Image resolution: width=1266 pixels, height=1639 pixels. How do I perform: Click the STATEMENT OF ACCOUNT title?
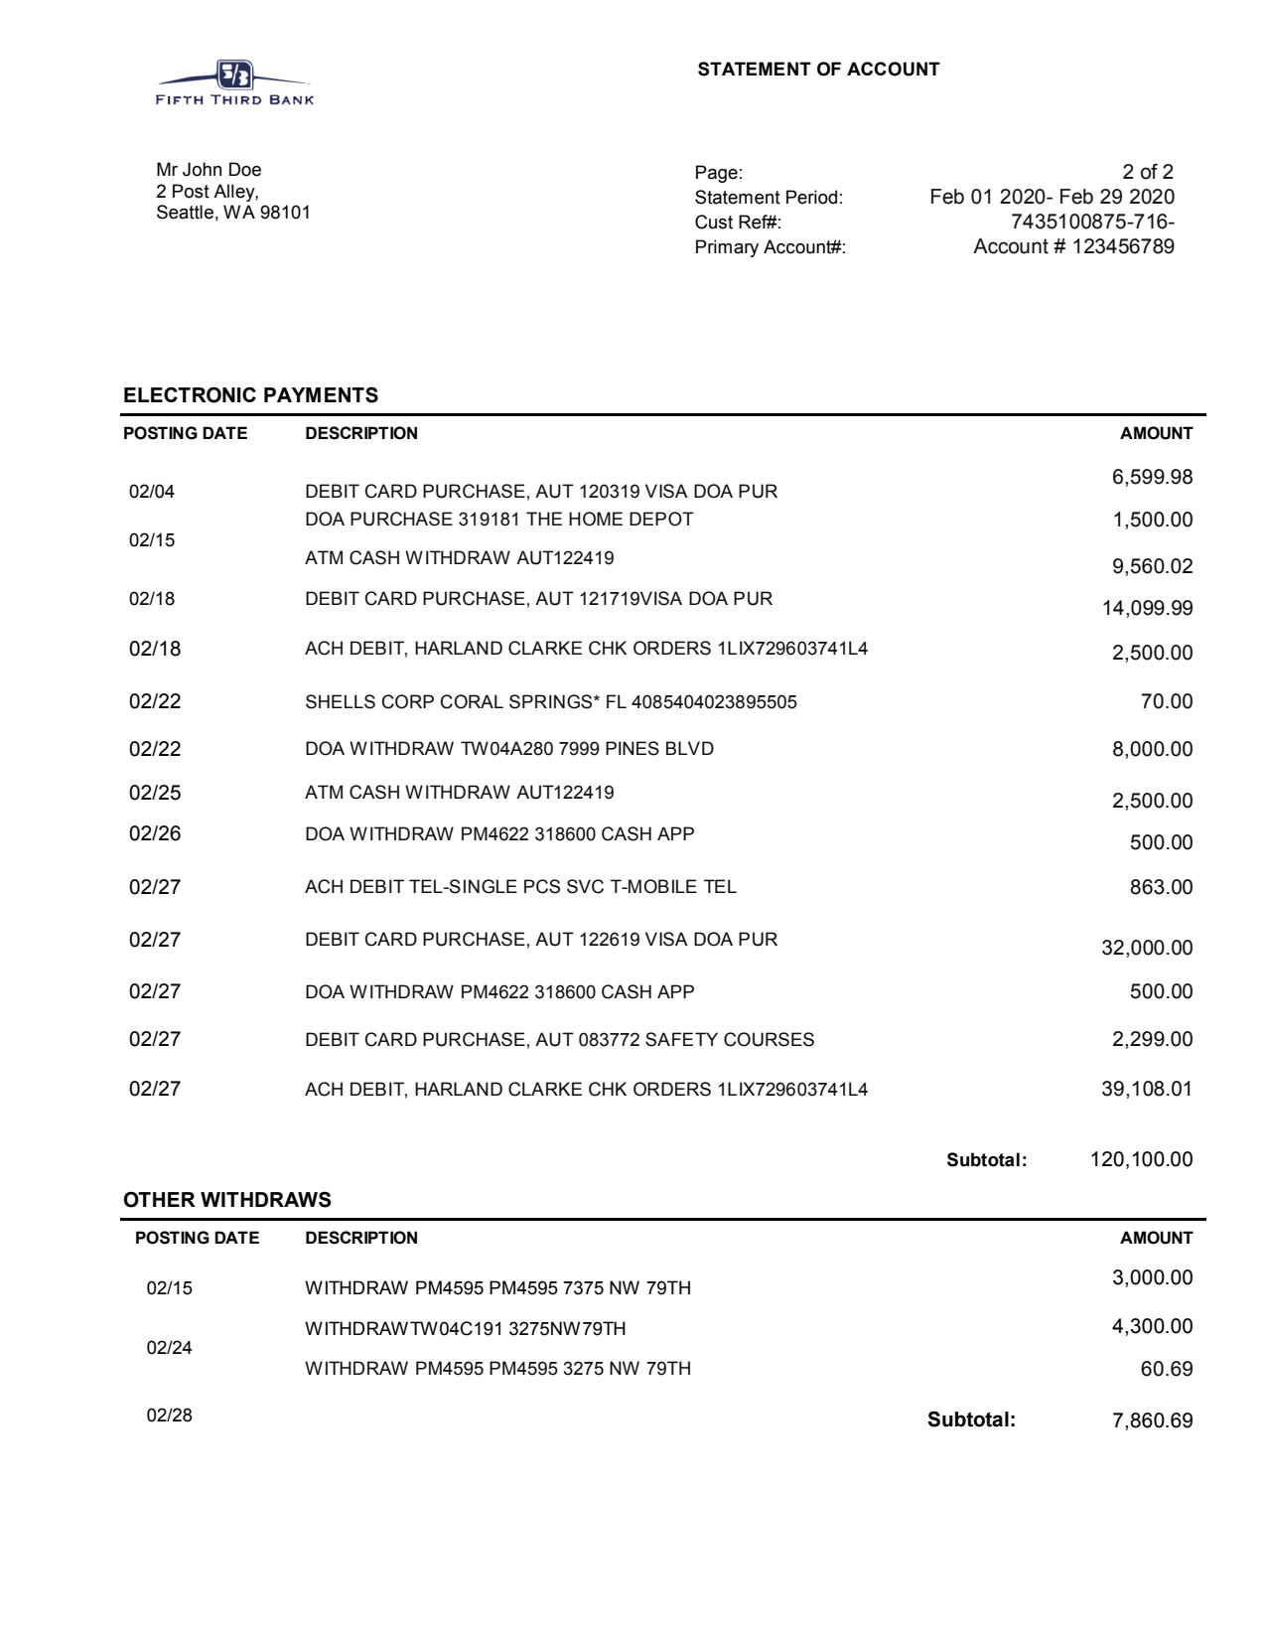[818, 70]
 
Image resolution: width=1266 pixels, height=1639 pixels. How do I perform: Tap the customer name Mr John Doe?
[209, 170]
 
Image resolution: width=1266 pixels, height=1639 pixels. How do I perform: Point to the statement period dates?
[1052, 197]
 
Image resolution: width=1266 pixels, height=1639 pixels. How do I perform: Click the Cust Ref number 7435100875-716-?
[1092, 222]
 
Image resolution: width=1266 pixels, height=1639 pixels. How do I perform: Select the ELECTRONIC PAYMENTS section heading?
[250, 395]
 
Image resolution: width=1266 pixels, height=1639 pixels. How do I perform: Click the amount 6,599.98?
[1152, 478]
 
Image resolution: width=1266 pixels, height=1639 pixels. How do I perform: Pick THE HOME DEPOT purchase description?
[498, 520]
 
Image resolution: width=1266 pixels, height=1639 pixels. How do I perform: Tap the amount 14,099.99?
[1147, 608]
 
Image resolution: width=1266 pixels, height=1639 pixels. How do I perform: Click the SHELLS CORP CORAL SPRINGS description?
[550, 702]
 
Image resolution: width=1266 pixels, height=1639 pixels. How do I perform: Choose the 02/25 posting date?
[155, 793]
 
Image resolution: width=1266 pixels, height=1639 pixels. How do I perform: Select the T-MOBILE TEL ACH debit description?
[520, 887]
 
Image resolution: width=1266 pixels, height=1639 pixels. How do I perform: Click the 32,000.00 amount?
[1147, 948]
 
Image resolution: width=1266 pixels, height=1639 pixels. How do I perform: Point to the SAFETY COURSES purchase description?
[559, 1040]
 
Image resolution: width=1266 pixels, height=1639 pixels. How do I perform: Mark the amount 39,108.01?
[1147, 1089]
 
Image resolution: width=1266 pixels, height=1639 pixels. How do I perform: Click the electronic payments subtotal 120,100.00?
[1141, 1159]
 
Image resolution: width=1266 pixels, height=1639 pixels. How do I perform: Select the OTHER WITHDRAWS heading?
[226, 1200]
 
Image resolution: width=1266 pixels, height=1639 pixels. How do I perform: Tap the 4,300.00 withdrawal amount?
[1152, 1326]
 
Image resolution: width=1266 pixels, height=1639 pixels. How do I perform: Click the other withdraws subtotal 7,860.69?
[1152, 1420]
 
